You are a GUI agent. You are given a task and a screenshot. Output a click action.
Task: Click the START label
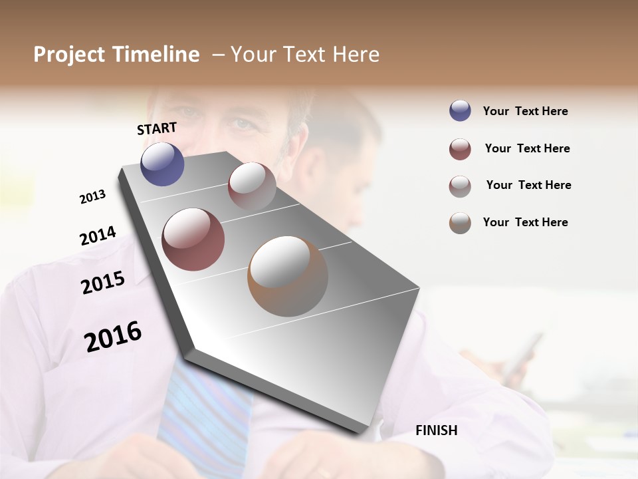[x=157, y=128]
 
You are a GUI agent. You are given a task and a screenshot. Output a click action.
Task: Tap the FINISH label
[x=436, y=430]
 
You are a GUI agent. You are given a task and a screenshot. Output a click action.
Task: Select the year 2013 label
[x=92, y=197]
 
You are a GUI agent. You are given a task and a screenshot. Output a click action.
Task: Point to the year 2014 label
[x=98, y=236]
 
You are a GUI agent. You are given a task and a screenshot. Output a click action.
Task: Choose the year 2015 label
[x=102, y=282]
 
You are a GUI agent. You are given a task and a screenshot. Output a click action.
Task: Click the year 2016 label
[x=113, y=336]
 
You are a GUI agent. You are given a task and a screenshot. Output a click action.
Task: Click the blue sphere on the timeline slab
[x=162, y=164]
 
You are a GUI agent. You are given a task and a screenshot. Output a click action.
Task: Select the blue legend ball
[x=460, y=111]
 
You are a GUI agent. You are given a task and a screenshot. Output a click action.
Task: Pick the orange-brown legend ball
[x=460, y=223]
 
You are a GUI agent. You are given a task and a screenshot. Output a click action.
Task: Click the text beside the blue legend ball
[x=525, y=111]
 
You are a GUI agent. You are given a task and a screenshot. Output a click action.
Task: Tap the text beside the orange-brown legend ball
[x=525, y=222]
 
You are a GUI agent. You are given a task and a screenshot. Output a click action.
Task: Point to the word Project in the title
[x=69, y=55]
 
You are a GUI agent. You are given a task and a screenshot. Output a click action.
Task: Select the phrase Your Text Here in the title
[x=305, y=55]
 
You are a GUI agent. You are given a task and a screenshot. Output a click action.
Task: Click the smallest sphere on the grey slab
[x=252, y=186]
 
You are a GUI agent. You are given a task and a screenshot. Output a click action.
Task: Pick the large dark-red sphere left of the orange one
[x=193, y=239]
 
